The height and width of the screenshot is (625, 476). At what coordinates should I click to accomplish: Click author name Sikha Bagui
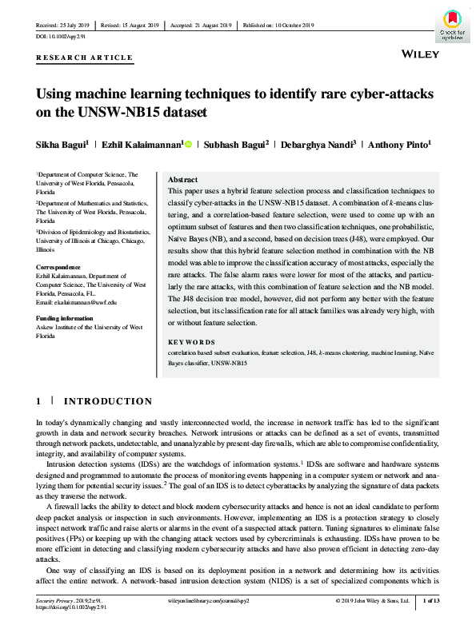pyautogui.click(x=62, y=145)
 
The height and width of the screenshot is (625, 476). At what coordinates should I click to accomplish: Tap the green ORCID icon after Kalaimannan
pyautogui.click(x=188, y=145)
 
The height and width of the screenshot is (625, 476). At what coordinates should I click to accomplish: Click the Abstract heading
pyautogui.click(x=184, y=180)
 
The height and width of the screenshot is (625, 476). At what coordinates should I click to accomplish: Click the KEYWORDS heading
pyautogui.click(x=189, y=340)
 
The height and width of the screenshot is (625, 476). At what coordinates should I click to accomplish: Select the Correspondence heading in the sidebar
pyautogui.click(x=58, y=268)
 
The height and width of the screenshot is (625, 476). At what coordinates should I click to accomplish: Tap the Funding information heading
pyautogui.click(x=69, y=318)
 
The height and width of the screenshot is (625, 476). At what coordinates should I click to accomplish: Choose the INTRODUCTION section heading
pyautogui.click(x=108, y=400)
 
